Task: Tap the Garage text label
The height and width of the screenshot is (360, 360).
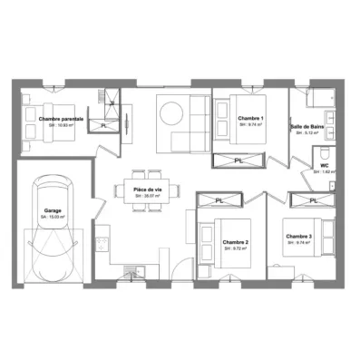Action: pyautogui.click(x=53, y=209)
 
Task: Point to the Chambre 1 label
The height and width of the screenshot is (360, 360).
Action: pyautogui.click(x=250, y=119)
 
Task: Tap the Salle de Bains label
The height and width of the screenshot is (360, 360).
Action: pyautogui.click(x=307, y=126)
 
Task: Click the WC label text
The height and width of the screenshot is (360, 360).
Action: pyautogui.click(x=324, y=165)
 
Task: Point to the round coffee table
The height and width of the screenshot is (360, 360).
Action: pyautogui.click(x=172, y=112)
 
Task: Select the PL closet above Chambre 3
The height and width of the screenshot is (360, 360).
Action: pyautogui.click(x=313, y=199)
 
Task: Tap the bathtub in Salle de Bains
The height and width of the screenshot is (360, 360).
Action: pyautogui.click(x=323, y=96)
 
